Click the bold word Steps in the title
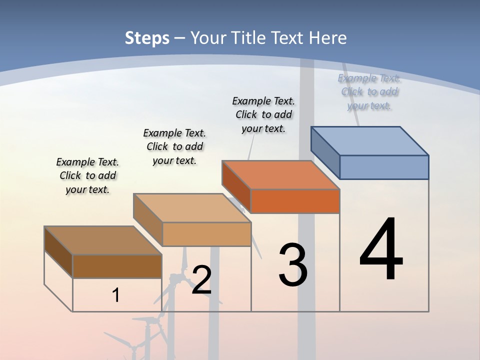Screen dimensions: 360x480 [147, 38]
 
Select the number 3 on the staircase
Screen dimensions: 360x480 [293, 264]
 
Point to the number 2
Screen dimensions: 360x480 [201, 280]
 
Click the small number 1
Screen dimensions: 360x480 [116, 295]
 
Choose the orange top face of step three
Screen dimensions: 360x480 [281, 174]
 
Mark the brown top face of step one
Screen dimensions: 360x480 [103, 240]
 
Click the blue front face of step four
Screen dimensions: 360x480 [384, 167]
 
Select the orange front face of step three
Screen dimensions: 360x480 [295, 201]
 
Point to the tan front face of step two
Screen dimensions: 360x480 [206, 234]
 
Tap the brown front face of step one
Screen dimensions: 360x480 [117, 266]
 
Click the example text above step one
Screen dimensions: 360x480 [87, 175]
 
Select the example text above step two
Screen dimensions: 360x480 [174, 146]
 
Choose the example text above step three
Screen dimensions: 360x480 [263, 114]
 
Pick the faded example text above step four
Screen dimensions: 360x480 [369, 91]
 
